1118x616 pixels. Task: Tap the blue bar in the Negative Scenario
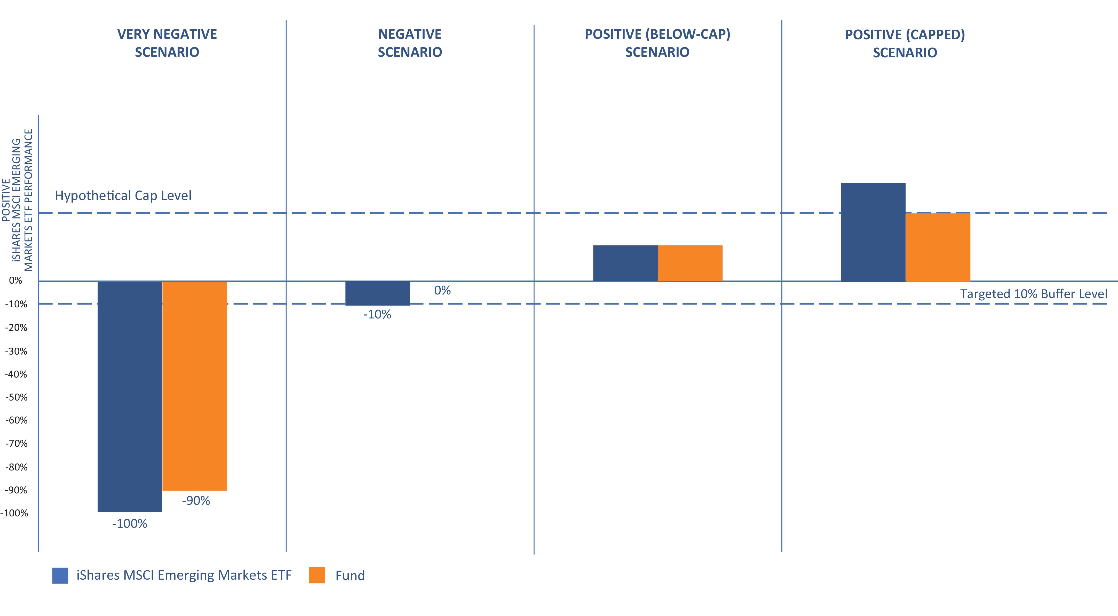click(x=378, y=293)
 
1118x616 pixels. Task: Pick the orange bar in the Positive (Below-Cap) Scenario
click(x=690, y=263)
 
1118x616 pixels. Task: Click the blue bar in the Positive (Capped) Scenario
click(x=873, y=232)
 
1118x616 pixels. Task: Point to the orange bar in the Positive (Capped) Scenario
click(x=938, y=247)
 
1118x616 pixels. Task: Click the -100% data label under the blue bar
click(x=130, y=524)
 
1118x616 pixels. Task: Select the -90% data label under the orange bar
click(x=196, y=501)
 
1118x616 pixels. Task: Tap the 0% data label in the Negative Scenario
click(x=442, y=290)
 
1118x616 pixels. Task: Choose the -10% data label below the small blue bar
click(x=377, y=315)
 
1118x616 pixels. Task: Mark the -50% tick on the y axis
click(x=16, y=397)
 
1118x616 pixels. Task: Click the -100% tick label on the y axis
click(x=14, y=513)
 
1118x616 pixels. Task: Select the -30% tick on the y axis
click(x=16, y=351)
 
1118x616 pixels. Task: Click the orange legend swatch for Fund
click(x=317, y=575)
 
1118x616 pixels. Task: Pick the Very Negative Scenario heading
click(x=167, y=43)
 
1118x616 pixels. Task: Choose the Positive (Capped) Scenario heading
click(x=905, y=43)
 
